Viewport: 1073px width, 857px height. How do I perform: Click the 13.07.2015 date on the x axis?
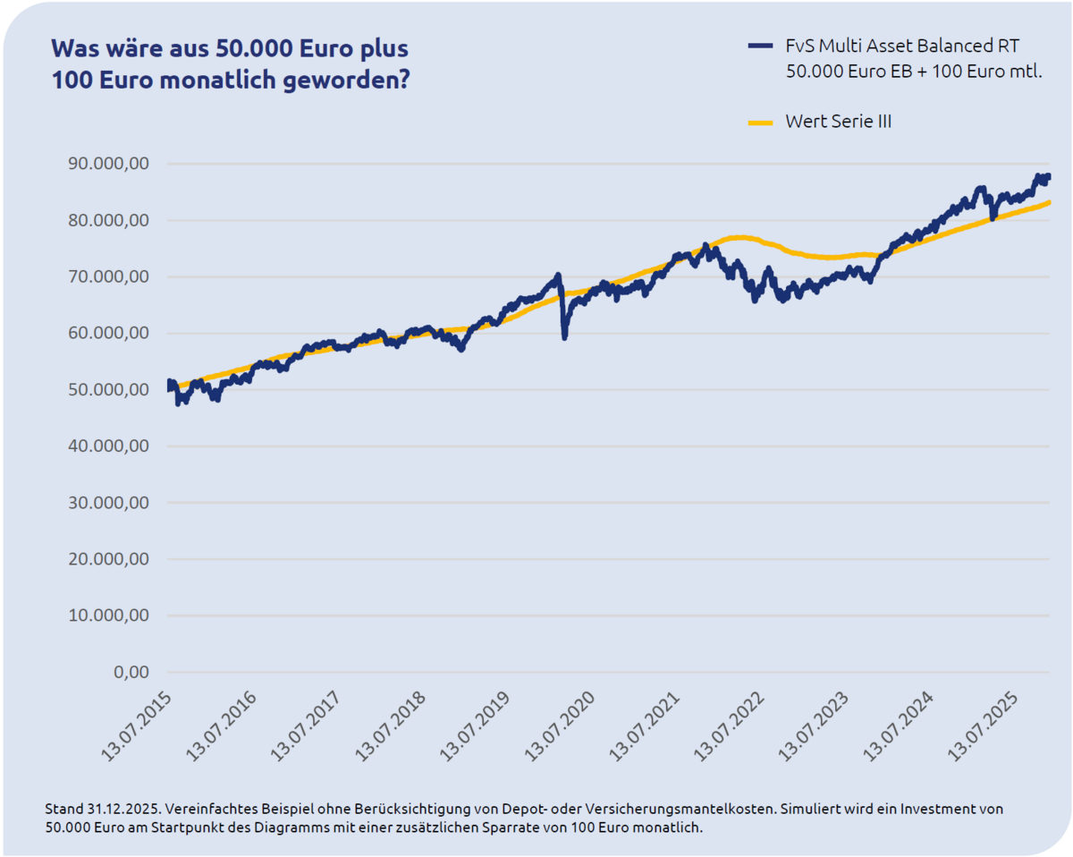(139, 725)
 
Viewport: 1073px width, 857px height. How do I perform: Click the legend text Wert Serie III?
(838, 122)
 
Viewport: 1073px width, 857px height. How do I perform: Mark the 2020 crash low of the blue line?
(564, 337)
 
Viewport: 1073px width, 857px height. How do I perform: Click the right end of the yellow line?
(1049, 202)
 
